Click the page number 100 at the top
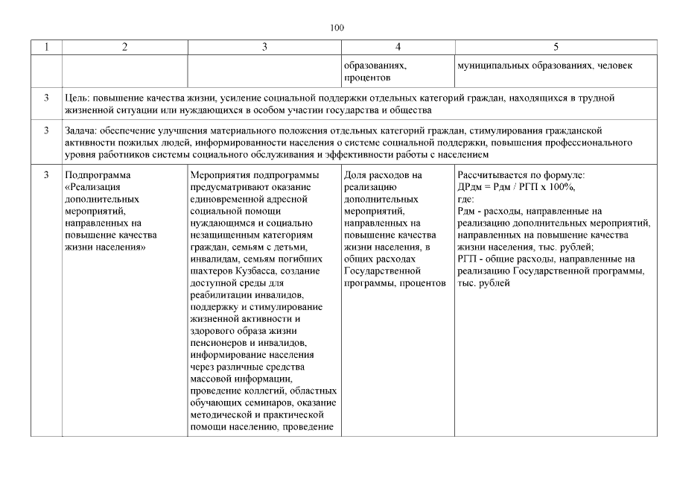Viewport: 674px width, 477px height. (337, 28)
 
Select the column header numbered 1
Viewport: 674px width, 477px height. (46, 48)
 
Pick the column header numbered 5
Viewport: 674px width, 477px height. (556, 48)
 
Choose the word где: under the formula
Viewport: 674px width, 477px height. (465, 200)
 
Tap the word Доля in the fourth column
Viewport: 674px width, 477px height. (356, 176)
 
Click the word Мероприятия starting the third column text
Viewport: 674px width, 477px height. (220, 176)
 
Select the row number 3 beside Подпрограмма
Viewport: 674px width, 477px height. (46, 176)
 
